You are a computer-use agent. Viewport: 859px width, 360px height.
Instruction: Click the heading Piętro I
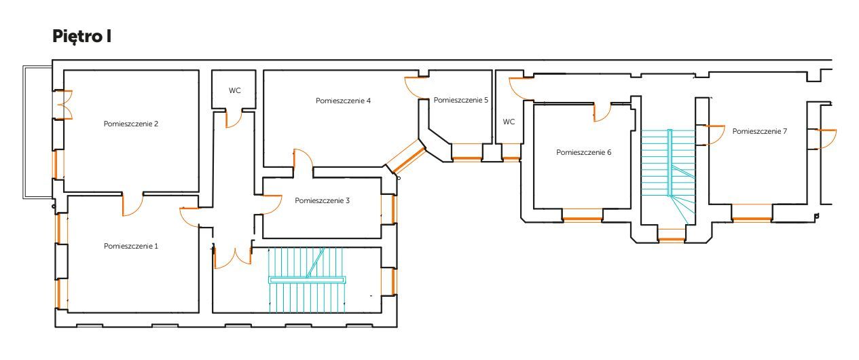tap(81, 37)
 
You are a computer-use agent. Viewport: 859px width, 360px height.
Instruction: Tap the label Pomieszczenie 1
tap(131, 246)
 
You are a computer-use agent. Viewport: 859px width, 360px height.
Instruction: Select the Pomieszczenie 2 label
tap(131, 124)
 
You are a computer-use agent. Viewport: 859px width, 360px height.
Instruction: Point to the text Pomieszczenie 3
tap(323, 201)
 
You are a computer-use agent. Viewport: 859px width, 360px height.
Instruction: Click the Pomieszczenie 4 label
tap(343, 101)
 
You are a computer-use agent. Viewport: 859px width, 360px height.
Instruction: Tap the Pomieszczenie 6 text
tap(584, 153)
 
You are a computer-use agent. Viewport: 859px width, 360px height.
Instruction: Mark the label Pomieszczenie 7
tap(759, 131)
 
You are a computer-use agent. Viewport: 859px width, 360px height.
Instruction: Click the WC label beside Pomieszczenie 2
tap(234, 90)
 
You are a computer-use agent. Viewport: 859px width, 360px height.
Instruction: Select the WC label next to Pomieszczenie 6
tap(509, 122)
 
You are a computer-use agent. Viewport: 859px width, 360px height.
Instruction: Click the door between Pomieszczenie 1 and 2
tap(133, 204)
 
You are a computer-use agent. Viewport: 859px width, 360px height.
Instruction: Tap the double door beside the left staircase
tap(234, 256)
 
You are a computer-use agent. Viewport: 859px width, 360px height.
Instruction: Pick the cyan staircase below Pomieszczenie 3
tap(308, 279)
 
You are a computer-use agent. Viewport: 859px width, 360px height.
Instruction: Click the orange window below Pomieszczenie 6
tap(583, 219)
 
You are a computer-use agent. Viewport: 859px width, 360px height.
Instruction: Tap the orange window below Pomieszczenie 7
tap(752, 219)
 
